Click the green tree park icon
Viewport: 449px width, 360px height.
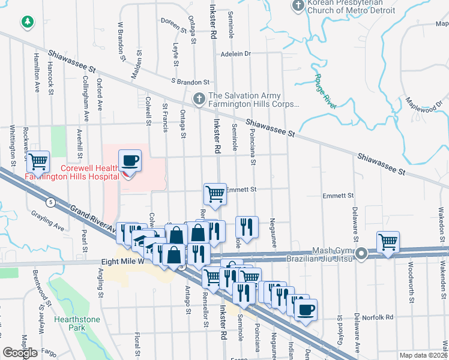tap(27, 23)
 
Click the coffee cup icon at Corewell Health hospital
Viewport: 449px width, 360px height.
tap(130, 160)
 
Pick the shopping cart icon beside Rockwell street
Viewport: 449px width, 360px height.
tap(38, 160)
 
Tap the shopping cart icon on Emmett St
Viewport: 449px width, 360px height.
tap(215, 193)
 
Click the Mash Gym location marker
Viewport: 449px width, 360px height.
tap(361, 254)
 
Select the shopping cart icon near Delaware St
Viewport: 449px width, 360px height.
tap(388, 242)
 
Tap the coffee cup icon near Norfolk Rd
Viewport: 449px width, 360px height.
tap(306, 310)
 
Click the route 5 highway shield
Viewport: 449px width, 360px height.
tap(53, 203)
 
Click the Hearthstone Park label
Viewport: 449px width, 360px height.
tap(77, 324)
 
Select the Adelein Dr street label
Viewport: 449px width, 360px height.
tap(235, 53)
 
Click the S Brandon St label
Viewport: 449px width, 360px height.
tap(190, 81)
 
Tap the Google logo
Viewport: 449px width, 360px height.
tap(20, 353)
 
